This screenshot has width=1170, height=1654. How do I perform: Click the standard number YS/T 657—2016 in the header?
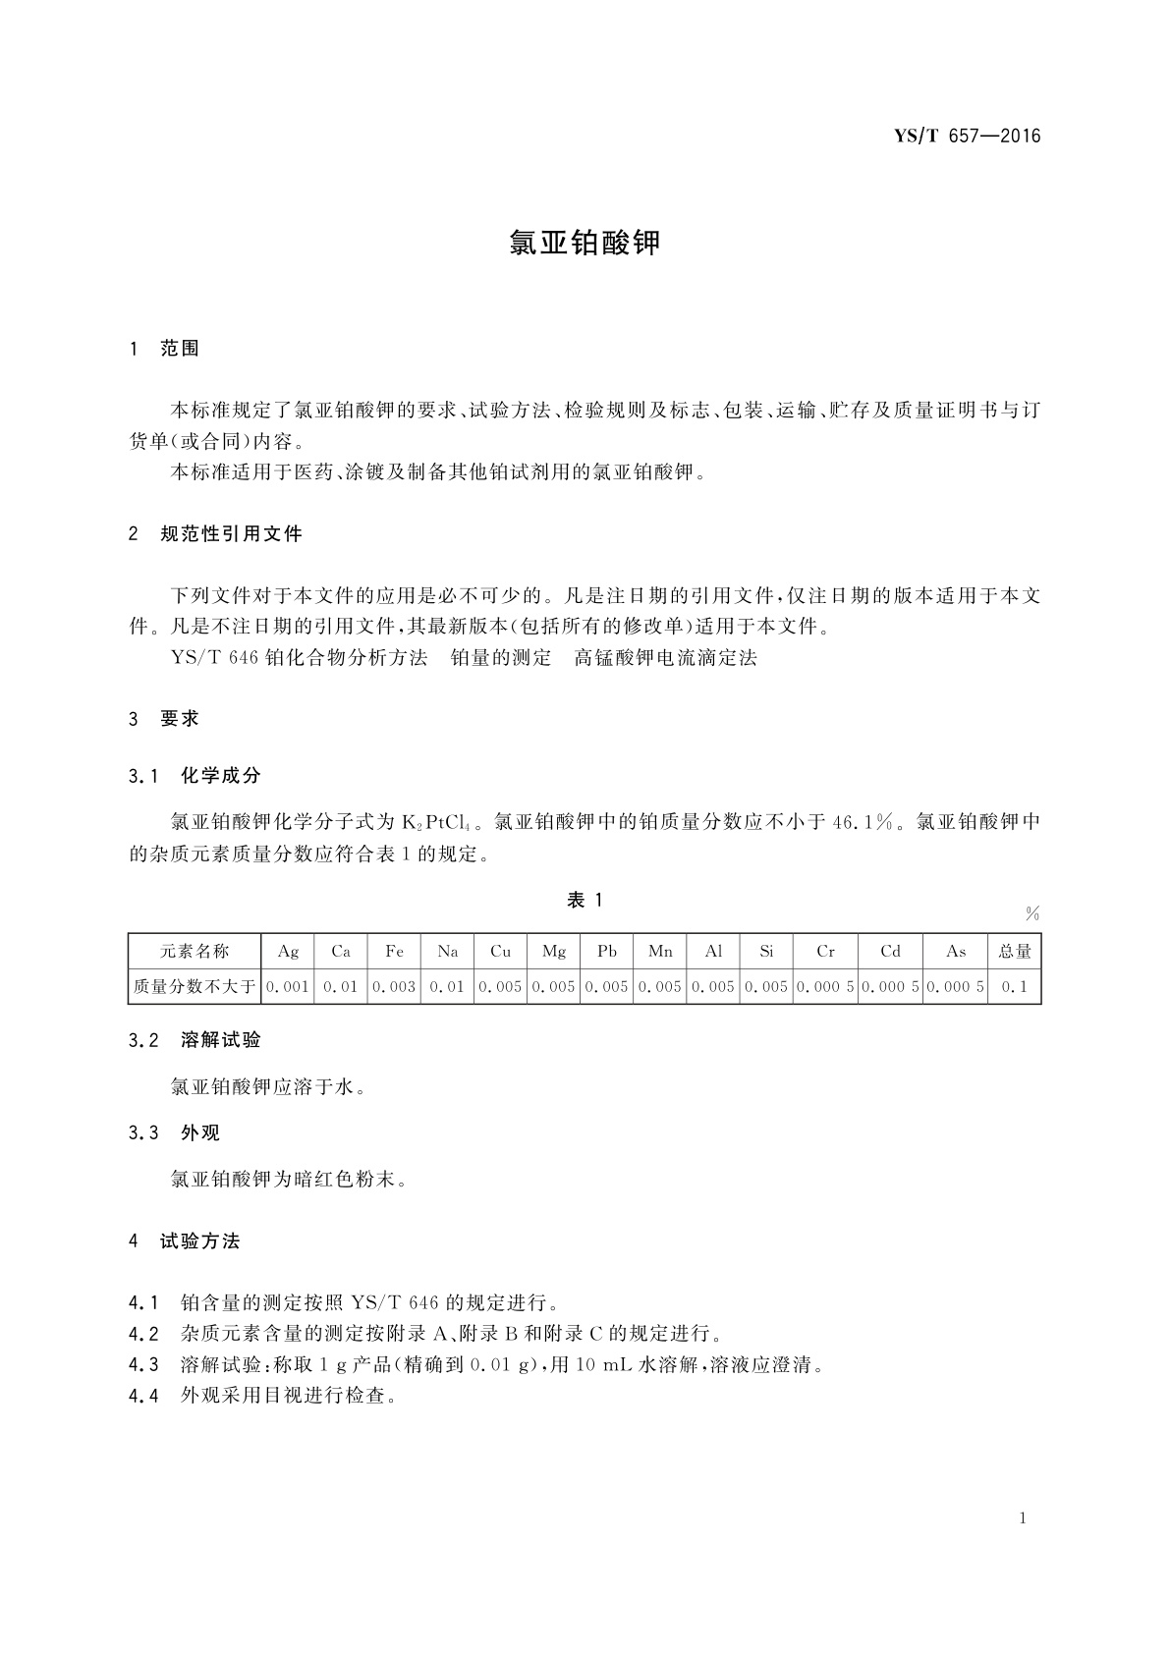(967, 137)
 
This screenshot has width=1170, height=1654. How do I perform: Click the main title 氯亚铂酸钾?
(585, 243)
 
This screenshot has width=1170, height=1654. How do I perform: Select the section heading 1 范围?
(164, 349)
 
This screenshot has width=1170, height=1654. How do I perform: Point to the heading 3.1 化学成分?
(195, 776)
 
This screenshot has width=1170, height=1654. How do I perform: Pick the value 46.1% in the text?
(863, 822)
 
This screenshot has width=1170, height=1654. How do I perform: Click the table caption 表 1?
(585, 900)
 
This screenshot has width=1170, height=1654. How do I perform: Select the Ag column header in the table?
(288, 951)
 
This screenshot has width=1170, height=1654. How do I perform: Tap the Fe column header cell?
(394, 951)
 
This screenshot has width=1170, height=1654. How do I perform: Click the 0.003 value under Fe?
(394, 986)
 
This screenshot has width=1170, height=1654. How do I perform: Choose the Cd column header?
(890, 951)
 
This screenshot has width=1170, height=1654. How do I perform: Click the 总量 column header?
(1015, 951)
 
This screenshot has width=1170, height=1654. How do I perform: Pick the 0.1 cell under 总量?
(1015, 986)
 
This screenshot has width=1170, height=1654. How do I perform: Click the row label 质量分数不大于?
(195, 986)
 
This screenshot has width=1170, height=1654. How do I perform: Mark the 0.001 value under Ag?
(288, 986)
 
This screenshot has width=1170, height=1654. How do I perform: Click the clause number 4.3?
(143, 1364)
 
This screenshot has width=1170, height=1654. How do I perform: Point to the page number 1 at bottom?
(1023, 1518)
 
